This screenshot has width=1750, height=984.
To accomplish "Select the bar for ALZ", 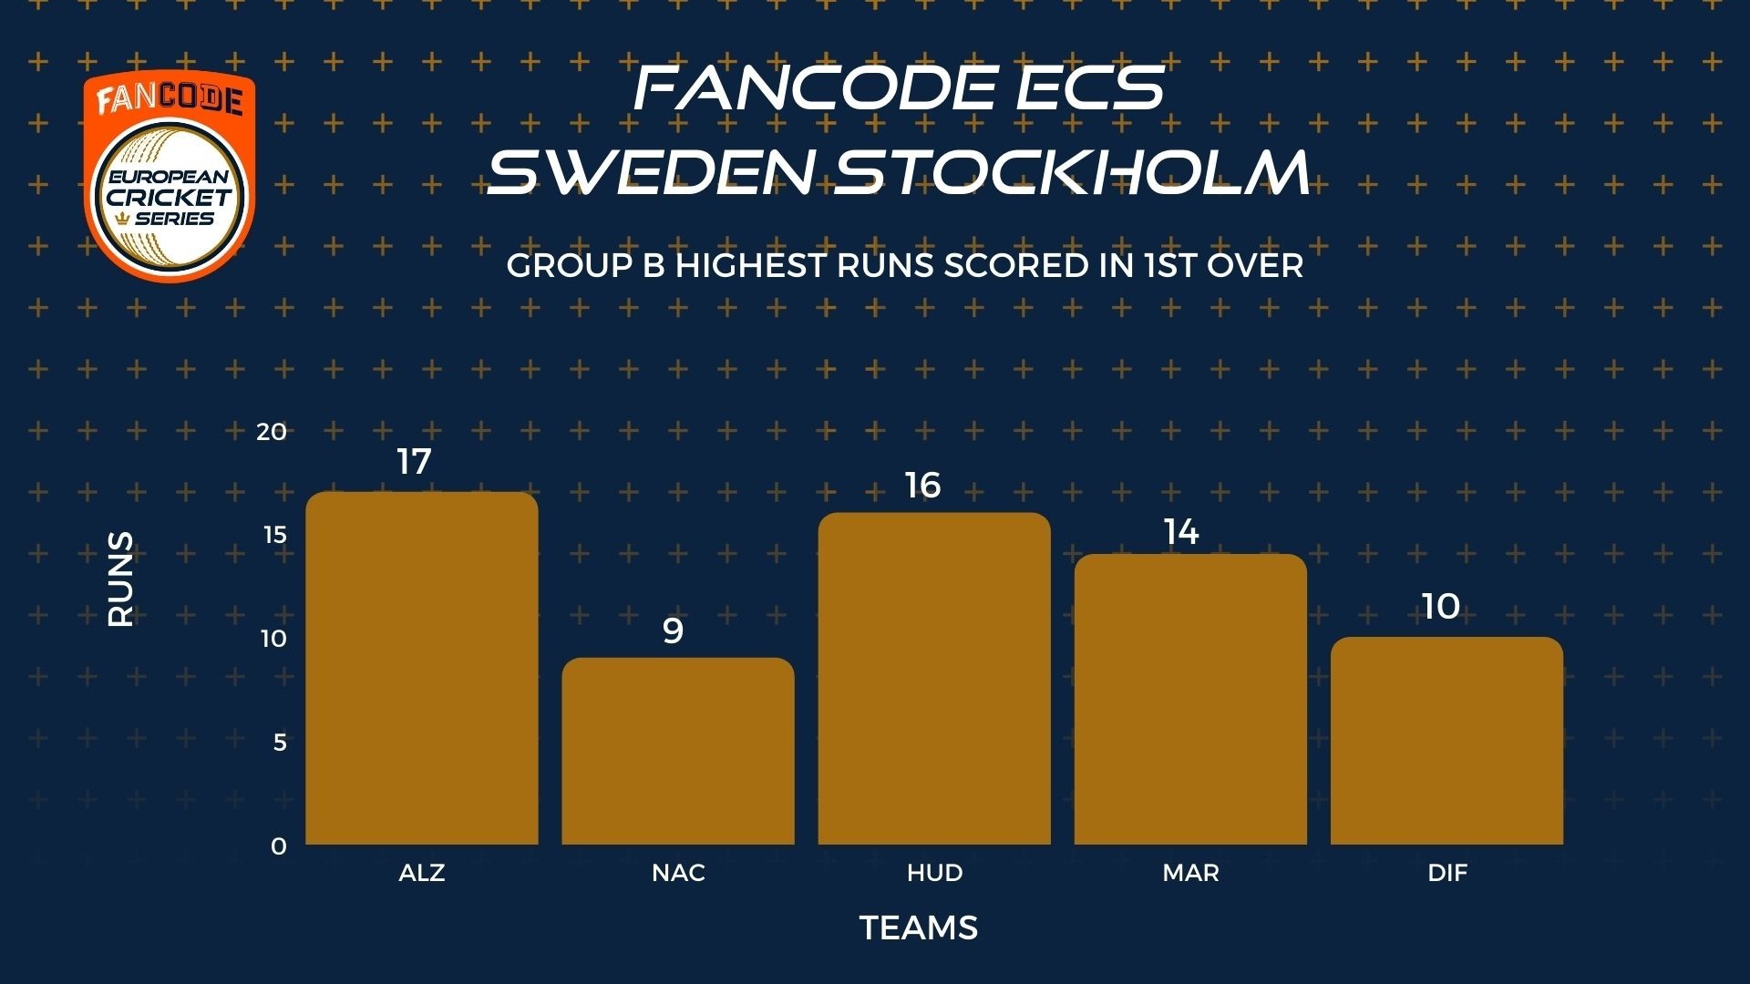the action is point(422,668).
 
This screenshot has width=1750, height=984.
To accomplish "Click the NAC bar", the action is point(678,751).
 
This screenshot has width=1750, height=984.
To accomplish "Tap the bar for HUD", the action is point(934,678).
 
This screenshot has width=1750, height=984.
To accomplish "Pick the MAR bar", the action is point(1190,699).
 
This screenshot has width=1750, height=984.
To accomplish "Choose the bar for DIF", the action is point(1446,741).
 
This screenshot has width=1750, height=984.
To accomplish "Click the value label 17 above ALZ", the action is point(414,462).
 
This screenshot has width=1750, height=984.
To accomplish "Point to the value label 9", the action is point(673,630).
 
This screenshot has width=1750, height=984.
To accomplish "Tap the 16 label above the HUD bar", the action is point(922,486).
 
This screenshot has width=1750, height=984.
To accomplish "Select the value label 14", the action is point(1181,532).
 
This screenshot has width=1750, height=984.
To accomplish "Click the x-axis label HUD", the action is point(934,873).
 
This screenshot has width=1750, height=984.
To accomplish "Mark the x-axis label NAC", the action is point(678,873).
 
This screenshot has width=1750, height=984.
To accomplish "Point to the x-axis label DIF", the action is point(1447,873).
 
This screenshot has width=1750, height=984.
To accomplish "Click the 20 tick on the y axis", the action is point(272,432).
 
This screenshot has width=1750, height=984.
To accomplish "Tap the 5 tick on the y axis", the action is point(280,743).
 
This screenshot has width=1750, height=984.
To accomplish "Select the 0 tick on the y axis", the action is point(279,846).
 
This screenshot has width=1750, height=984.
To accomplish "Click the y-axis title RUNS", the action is point(121,579).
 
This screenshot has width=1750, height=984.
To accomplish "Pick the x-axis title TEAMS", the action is point(919,928).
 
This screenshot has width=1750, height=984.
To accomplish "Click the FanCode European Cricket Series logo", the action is point(170,177).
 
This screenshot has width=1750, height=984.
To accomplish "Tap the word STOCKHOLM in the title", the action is point(1073,171).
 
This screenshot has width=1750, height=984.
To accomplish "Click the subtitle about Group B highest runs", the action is point(905,265).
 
